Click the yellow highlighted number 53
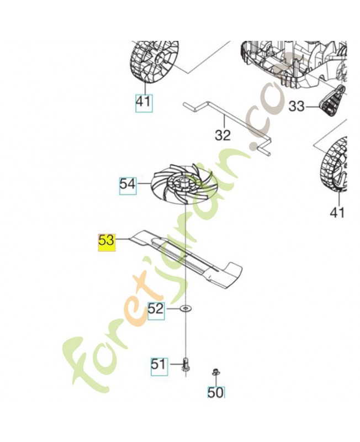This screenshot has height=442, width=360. tap(107, 241)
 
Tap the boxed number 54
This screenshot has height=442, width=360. tap(128, 185)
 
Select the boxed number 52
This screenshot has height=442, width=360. tap(156, 309)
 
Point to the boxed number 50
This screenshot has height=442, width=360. tap(216, 393)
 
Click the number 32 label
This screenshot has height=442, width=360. tap(223, 135)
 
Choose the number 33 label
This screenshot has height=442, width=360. tap(297, 107)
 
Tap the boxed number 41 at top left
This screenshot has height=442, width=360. tap(144, 102)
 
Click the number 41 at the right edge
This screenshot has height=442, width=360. tap(337, 213)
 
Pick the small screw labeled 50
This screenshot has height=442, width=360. tap(215, 372)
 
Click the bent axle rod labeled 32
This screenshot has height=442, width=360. tap(227, 129)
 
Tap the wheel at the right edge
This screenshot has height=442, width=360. tap(335, 166)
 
